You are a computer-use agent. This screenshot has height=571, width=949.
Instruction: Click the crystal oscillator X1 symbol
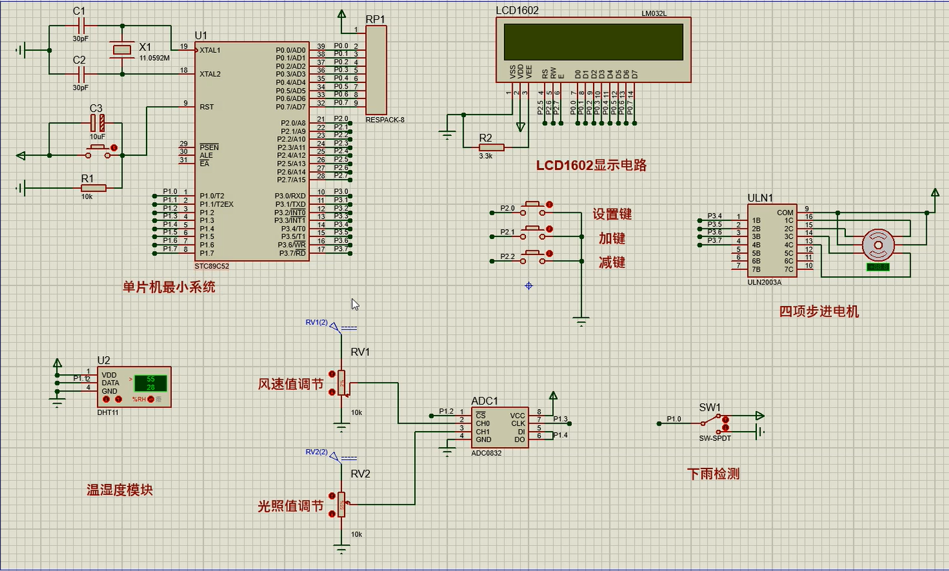122,50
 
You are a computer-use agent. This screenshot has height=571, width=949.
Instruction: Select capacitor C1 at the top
80,26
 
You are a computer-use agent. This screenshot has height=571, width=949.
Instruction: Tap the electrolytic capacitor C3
98,123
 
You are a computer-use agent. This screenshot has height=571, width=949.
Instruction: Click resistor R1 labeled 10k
93,188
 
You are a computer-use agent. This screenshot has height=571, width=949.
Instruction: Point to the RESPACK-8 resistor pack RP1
376,70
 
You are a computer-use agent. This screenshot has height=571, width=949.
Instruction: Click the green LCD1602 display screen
594,42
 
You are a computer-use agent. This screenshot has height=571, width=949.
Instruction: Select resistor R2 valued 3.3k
491,147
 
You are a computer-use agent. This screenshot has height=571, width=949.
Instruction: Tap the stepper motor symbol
877,245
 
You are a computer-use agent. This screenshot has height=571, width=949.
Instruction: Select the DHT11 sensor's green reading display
151,383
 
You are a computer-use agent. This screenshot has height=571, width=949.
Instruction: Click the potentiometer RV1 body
341,383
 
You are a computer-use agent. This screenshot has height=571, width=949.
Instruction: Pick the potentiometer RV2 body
341,504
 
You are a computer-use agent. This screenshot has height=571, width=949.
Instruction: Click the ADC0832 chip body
499,428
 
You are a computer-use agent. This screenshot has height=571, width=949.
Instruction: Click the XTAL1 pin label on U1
210,50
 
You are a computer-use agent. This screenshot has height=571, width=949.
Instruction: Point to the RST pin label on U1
206,107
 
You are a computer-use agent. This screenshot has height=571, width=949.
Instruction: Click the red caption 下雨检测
713,474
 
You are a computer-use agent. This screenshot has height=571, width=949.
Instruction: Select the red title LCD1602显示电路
591,165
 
